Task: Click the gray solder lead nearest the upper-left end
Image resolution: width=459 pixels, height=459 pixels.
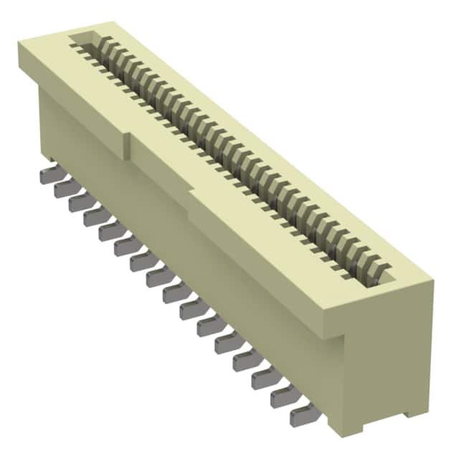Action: tap(46, 175)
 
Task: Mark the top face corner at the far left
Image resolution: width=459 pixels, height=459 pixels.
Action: tap(20, 43)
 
